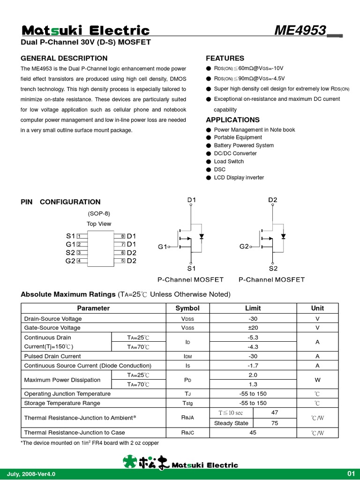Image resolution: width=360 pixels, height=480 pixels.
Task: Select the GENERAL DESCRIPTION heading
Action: pos(64,59)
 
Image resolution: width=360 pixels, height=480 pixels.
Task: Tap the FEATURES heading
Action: pos(225,59)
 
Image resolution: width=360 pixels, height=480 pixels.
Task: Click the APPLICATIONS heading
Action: pos(232,120)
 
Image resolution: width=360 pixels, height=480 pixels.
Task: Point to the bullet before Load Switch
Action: pos(209,162)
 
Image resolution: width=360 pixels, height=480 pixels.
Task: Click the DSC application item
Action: pos(219,170)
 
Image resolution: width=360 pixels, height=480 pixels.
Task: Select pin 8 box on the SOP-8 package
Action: pos(122,236)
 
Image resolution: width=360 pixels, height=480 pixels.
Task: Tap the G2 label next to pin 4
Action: pos(70,261)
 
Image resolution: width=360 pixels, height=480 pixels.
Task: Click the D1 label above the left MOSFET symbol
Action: pos(192,200)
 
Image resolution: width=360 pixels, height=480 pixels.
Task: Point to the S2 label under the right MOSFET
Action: pos(273,269)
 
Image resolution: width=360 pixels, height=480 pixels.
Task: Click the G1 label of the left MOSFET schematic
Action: pos(162,247)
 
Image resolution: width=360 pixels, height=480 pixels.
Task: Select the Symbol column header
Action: pos(187,308)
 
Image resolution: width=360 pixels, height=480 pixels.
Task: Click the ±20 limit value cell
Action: pos(253,328)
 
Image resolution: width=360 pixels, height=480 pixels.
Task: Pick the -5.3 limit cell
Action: pos(253,337)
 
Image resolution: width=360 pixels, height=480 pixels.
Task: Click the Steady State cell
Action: pos(231,423)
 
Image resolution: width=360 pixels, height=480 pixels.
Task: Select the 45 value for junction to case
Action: pos(253,433)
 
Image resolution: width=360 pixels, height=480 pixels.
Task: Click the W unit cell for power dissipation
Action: pos(317,380)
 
